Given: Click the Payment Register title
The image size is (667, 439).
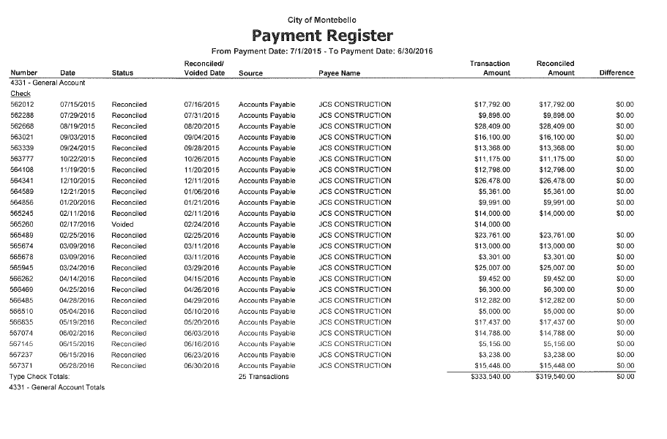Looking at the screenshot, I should pyautogui.click(x=323, y=35).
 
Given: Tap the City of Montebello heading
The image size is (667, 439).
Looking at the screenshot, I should pyautogui.click(x=323, y=19).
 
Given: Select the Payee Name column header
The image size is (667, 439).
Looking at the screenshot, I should pyautogui.click(x=340, y=73).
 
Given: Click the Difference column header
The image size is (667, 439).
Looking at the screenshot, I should pyautogui.click(x=616, y=73).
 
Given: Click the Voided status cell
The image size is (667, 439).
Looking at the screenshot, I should pyautogui.click(x=122, y=225).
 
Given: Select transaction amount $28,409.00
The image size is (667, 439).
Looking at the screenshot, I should pyautogui.click(x=493, y=127).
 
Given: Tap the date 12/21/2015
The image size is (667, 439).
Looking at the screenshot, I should pyautogui.click(x=78, y=192).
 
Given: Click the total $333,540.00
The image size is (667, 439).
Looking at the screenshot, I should pyautogui.click(x=491, y=377).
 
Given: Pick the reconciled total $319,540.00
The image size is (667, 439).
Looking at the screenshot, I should pyautogui.click(x=556, y=377).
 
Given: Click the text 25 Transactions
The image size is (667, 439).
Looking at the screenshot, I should pyautogui.click(x=264, y=377).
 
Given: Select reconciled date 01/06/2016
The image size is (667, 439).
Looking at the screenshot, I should pyautogui.click(x=201, y=192).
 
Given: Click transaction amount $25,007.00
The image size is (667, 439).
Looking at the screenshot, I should pyautogui.click(x=493, y=268).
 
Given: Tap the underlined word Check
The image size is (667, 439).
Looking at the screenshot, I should pyautogui.click(x=20, y=94).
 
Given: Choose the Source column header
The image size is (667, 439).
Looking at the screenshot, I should pyautogui.click(x=251, y=73).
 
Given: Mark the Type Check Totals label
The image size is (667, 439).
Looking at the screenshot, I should pyautogui.click(x=39, y=377).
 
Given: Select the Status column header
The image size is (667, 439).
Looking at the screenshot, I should pyautogui.click(x=122, y=73).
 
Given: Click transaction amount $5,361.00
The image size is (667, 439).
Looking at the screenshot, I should pyautogui.click(x=494, y=192).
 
